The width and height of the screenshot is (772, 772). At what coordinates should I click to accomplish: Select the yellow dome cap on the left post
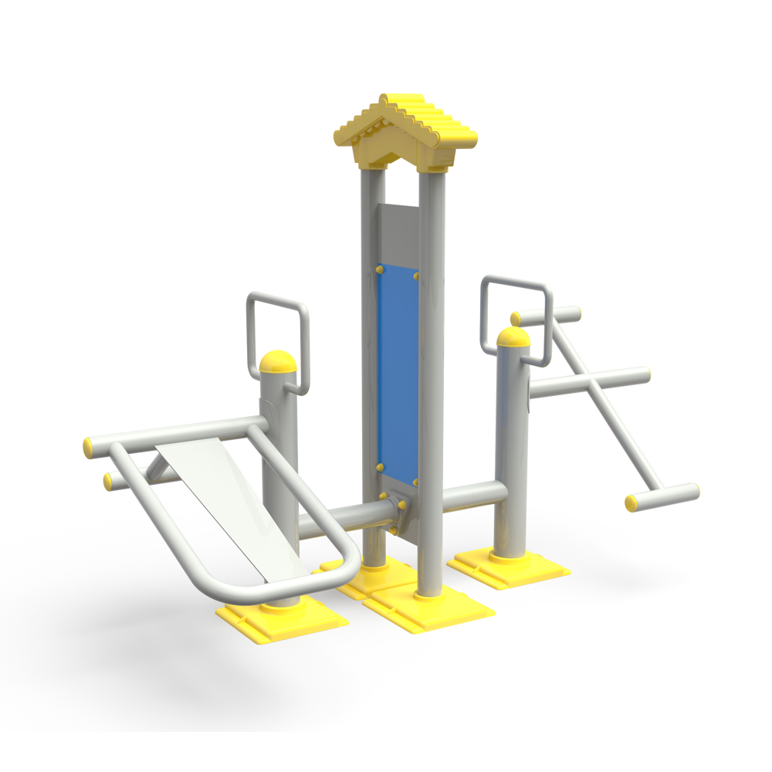coord(278,363)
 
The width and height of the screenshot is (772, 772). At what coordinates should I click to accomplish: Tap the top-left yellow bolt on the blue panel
coord(379,269)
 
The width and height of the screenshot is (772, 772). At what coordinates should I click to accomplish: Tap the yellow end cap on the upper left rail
coord(88,445)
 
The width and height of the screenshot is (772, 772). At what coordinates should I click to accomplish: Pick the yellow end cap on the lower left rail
coord(109,482)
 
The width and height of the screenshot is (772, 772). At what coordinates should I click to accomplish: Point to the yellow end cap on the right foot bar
coord(631,504)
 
